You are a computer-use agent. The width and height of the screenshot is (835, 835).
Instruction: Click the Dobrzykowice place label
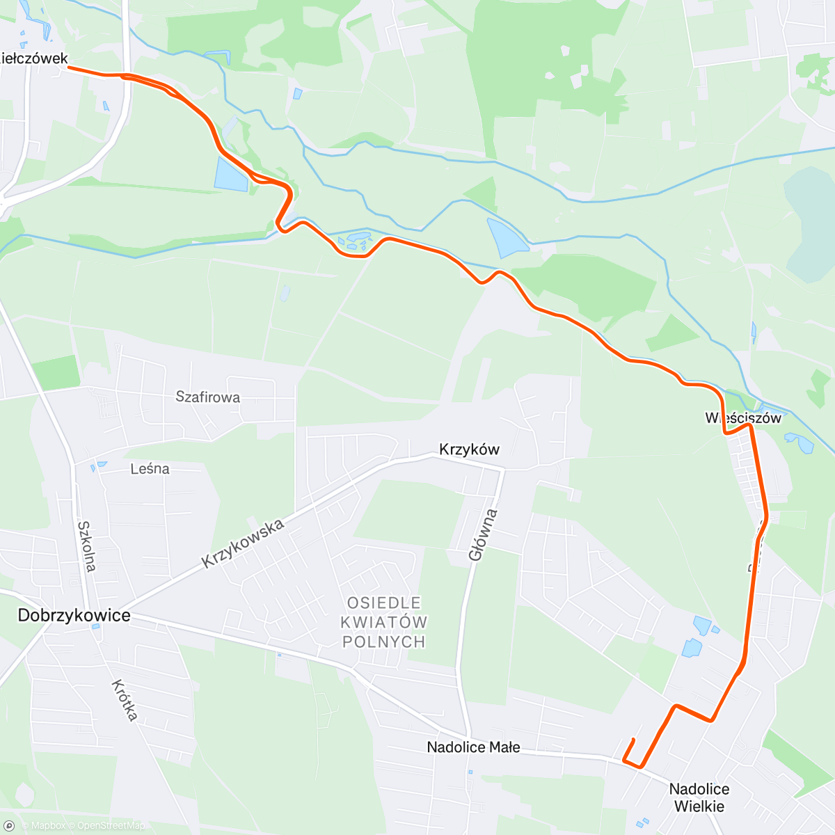pos(74,615)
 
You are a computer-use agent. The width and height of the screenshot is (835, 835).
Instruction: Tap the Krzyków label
pos(469,450)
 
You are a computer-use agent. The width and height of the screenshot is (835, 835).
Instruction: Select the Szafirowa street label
pos(207,397)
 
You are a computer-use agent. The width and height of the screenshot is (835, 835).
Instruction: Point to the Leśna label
pos(150,469)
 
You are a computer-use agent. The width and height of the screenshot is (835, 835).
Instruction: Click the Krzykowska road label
pos(243,543)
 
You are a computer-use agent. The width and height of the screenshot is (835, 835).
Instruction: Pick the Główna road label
pos(483,534)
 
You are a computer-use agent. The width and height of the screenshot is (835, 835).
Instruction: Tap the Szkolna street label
pos(86,546)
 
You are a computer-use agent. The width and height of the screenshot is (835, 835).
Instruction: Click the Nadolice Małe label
pos(473,747)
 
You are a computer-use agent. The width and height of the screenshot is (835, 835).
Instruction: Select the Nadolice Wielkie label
pos(699,797)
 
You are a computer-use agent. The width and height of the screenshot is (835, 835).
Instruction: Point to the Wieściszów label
pos(743,418)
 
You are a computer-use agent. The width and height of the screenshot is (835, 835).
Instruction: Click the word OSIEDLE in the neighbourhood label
pos(384,603)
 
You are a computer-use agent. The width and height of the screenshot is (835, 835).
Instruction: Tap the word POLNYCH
pos(384,642)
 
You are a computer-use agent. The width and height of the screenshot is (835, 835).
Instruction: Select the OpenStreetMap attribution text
pos(111,826)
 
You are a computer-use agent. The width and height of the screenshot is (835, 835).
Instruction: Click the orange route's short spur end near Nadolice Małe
pos(633,739)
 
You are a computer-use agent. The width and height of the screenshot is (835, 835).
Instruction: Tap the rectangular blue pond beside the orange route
pos(230,174)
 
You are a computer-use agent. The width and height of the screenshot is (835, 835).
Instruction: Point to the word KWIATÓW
pos(384,622)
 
